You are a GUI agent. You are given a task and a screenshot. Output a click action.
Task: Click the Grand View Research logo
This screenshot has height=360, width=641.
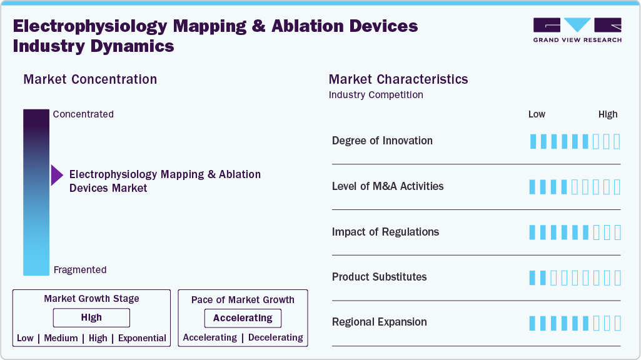point(577,30)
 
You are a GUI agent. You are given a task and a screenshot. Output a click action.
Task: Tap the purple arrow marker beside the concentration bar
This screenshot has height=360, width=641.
point(57,176)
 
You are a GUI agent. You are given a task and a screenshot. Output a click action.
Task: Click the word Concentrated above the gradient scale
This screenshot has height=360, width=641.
point(83,114)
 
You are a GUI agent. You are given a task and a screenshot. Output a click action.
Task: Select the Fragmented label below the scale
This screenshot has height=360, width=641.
point(80,270)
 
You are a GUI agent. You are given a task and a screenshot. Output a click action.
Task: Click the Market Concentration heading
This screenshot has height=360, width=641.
point(90,79)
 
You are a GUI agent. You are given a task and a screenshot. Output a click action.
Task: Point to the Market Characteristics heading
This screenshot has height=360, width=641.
point(398,79)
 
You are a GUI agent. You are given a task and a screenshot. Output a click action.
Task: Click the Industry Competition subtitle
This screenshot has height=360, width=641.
point(376,95)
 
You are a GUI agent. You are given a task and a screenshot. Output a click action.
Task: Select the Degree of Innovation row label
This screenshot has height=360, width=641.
point(382,141)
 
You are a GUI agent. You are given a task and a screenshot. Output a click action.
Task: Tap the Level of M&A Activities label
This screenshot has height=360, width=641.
point(388,186)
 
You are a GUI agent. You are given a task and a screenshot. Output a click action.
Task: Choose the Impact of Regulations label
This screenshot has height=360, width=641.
point(385,232)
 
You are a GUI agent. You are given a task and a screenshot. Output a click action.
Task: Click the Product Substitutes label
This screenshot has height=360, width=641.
point(379,277)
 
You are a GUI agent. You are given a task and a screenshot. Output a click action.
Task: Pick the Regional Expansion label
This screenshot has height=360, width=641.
point(379,322)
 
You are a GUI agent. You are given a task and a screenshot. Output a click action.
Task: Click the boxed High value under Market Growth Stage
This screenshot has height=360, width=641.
point(91,318)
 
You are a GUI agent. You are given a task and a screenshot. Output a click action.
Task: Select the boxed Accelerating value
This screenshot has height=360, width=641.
point(243,318)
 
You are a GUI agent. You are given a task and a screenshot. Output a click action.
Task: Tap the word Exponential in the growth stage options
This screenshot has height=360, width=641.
point(142,338)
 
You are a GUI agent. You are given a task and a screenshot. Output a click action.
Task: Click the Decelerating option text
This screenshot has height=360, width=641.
point(275,337)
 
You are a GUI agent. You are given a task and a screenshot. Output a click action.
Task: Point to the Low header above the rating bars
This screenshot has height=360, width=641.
point(537,114)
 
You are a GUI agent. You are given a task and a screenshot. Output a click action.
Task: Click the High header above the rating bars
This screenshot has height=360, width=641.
point(608,114)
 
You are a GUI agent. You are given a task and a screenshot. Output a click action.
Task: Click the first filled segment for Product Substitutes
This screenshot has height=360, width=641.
point(533,278)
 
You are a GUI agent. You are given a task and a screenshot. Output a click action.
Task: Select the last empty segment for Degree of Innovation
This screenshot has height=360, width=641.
point(617,141)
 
